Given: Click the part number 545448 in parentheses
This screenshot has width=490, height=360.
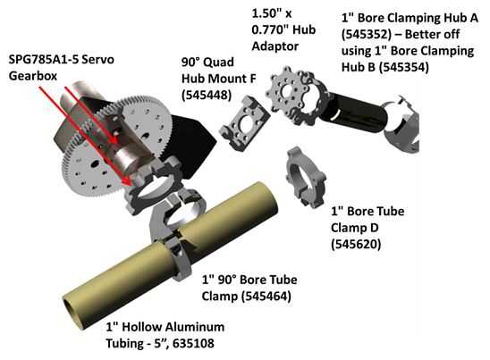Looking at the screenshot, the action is pos(207,95).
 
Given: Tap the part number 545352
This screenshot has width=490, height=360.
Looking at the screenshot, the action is pos(367,34).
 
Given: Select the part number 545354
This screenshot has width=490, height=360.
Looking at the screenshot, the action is pos(404,67).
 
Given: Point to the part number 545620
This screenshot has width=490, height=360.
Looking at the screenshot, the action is pos(356,244).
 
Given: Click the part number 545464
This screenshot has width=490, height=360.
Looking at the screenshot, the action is pos(266,296).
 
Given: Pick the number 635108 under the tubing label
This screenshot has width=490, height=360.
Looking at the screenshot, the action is pos(193,343).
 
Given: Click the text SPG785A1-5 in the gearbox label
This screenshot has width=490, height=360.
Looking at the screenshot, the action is pos(47,59).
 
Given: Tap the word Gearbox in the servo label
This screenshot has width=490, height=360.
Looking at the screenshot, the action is pos(33,76).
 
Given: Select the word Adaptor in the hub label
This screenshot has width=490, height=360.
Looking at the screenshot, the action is pos(275,46).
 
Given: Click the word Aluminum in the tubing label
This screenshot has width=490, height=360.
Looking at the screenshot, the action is pos(195,327).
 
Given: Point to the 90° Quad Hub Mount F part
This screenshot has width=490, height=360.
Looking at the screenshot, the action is pos(244,123).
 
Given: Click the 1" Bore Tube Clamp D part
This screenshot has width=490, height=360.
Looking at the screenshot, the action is pos(306,177).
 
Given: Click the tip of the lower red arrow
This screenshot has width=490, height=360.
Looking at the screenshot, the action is pos(129,184).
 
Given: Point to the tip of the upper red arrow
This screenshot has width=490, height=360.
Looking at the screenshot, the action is pos(117,143).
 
